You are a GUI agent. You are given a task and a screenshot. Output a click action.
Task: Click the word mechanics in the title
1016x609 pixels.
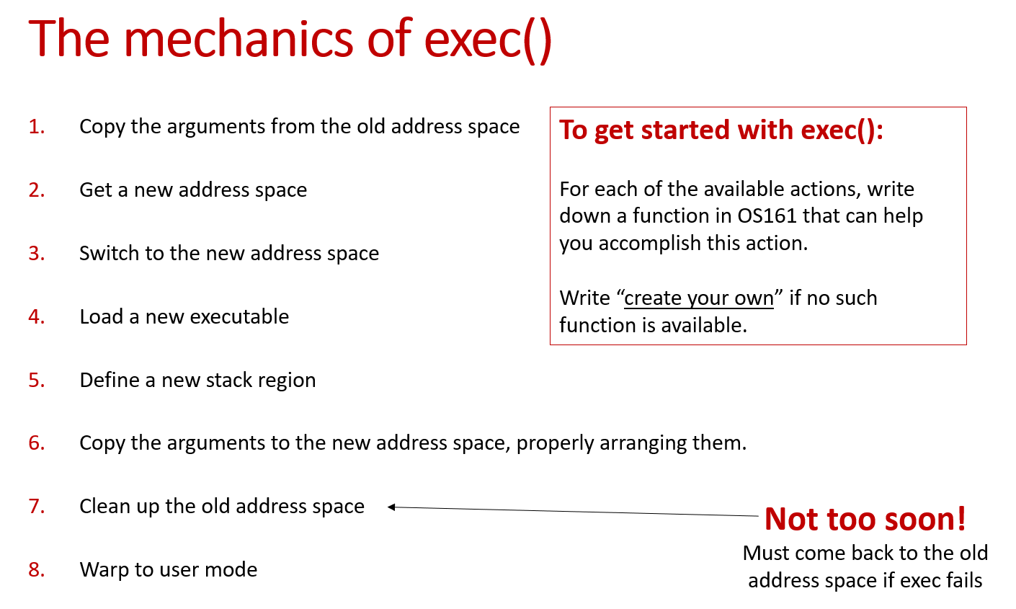239,39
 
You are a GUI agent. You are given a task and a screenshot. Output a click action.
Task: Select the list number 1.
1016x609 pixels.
37,127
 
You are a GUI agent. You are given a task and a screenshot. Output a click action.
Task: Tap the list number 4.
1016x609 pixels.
37,317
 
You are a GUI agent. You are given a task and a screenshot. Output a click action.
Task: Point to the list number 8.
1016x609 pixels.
37,570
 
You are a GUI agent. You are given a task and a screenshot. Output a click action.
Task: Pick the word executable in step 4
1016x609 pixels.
239,317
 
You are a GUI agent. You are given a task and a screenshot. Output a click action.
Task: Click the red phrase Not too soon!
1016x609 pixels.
865,519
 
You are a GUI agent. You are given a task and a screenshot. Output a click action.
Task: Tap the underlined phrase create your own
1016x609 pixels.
699,298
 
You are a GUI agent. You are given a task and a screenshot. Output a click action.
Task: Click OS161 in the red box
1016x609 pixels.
767,216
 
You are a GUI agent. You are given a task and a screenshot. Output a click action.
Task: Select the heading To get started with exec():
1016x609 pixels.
721,130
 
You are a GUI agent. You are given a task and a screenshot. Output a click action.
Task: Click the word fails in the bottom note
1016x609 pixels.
963,581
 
